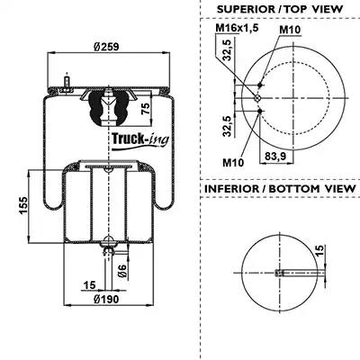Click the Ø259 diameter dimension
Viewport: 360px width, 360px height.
point(106,47)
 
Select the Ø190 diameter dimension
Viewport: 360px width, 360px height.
point(106,299)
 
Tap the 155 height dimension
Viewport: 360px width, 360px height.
point(23,205)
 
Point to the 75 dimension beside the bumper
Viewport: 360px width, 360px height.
point(146,109)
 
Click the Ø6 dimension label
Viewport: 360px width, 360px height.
point(121,271)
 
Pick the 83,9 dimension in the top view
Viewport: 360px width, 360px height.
point(274,156)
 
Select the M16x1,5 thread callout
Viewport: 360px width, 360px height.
point(237,28)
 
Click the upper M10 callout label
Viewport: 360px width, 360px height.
point(290,30)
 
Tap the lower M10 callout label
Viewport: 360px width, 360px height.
point(233,163)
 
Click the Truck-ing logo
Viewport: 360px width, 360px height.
point(140,140)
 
